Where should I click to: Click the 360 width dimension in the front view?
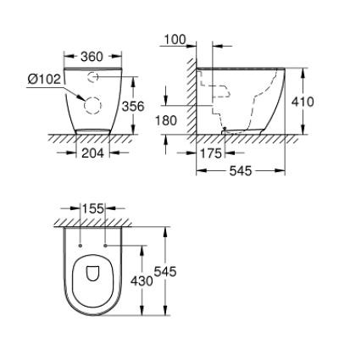[x=92, y=58]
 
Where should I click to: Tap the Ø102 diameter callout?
[x=44, y=79]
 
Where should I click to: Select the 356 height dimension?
[x=132, y=107]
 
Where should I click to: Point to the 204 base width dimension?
[x=93, y=154]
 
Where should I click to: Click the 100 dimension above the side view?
[x=175, y=40]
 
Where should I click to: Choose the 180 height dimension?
[x=166, y=120]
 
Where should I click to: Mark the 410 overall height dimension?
[x=303, y=102]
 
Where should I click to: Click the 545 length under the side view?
[x=240, y=170]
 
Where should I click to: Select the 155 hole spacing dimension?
[x=92, y=208]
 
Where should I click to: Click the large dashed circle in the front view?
[x=91, y=105]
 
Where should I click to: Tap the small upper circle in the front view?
[x=92, y=76]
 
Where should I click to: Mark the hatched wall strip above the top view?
[x=93, y=223]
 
